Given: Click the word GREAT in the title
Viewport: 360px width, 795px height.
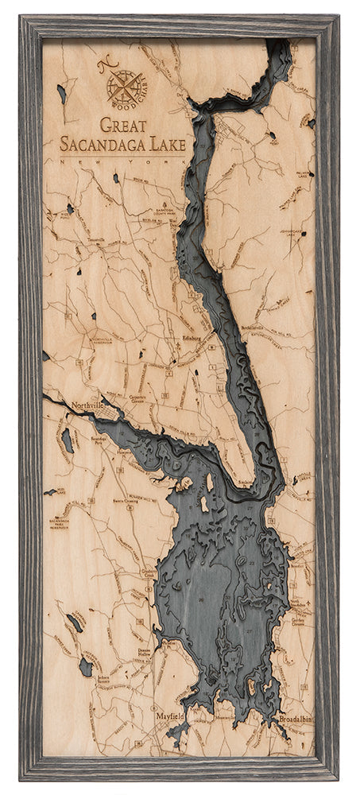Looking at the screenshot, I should [126, 125].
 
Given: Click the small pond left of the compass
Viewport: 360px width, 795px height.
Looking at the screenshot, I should [61, 93].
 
